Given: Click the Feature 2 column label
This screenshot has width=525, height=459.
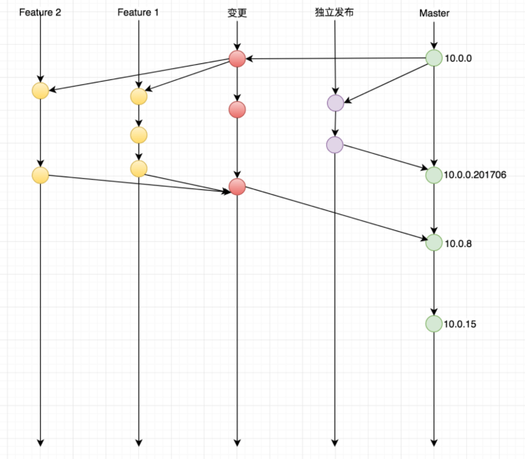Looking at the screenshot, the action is (x=40, y=12).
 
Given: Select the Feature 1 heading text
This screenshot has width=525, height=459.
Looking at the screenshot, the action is (x=138, y=12).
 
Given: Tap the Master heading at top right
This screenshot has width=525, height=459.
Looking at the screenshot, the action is (x=434, y=14).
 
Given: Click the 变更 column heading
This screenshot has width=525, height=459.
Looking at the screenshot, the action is (x=237, y=13).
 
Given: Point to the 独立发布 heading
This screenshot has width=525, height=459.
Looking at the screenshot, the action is (x=334, y=12).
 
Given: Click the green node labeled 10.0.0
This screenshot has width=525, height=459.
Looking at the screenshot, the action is (x=434, y=58).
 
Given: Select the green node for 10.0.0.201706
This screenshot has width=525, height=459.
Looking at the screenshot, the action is (x=434, y=175).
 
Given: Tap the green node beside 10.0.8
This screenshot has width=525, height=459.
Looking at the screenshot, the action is (x=434, y=242).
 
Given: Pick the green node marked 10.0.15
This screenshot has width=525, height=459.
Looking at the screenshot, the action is (x=434, y=324).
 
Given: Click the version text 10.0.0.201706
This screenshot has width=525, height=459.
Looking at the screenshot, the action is (x=475, y=175).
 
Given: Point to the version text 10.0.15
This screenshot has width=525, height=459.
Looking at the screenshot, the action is (x=460, y=324).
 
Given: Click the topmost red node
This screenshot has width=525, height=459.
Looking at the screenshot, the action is (x=237, y=59).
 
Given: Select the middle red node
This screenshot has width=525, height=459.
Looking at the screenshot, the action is (x=237, y=109).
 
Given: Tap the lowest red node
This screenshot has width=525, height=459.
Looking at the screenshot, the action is (x=237, y=186).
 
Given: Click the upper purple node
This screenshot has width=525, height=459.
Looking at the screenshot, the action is (x=336, y=102).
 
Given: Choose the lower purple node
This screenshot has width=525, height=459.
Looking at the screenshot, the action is (x=335, y=145).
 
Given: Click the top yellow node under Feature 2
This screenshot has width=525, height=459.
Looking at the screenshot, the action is (x=40, y=91).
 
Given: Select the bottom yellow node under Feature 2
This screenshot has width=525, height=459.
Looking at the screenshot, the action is (x=40, y=175).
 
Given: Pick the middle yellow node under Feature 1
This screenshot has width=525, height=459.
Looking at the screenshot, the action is (x=139, y=135).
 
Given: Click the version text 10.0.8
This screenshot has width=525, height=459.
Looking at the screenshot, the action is (x=458, y=243).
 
